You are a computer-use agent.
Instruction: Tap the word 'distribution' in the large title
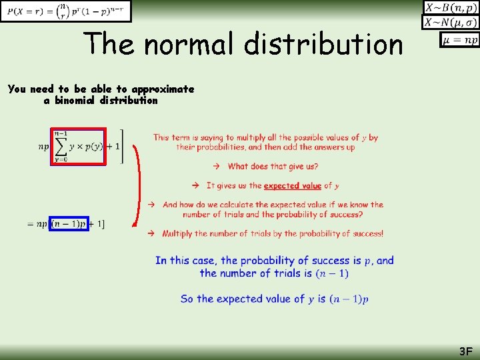coord(323,44)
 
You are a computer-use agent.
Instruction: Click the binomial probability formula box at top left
coord(66,11)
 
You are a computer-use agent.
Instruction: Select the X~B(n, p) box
coord(451,8)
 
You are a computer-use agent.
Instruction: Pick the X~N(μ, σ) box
coord(451,23)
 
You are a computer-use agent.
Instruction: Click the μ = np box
coord(459,41)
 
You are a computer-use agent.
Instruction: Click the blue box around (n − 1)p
coord(69,224)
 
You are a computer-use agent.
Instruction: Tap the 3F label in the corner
coord(465,351)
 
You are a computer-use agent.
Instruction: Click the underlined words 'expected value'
coord(292,185)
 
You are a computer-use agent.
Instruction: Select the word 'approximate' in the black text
coord(163,89)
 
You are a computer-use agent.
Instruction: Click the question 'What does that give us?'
coord(273,166)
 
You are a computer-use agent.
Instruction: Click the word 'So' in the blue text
coord(187,299)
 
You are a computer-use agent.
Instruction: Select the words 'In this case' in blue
coord(186,261)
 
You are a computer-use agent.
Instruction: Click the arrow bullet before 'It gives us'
coord(197,185)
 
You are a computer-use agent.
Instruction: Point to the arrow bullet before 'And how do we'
coord(152,205)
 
